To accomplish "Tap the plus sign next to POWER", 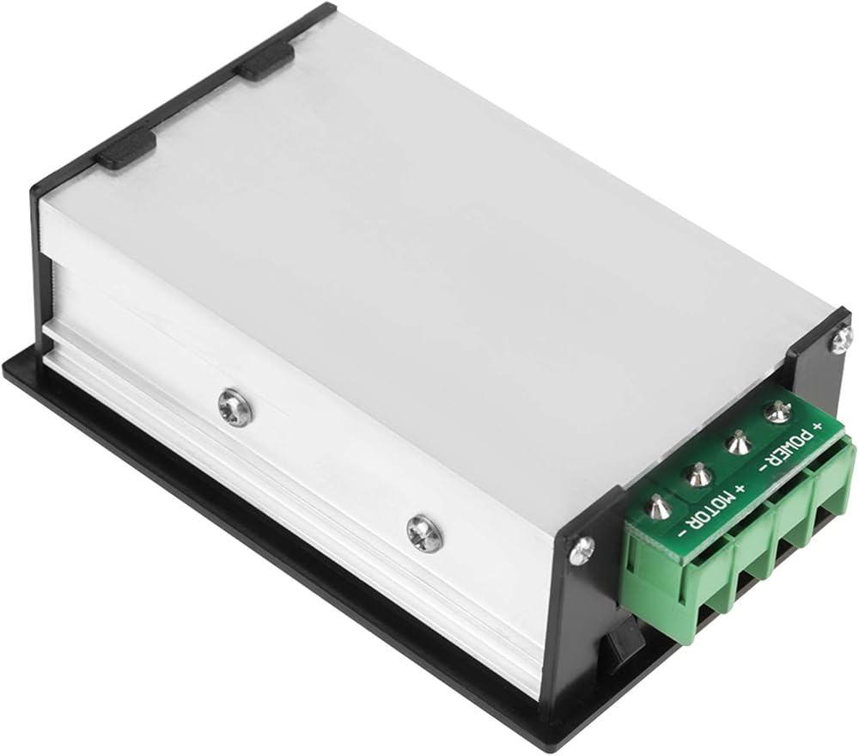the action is click(x=819, y=424).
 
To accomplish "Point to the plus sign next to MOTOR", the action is click(x=742, y=488).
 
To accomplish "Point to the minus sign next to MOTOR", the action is click(x=683, y=532).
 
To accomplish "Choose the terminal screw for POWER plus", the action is click(x=776, y=412).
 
